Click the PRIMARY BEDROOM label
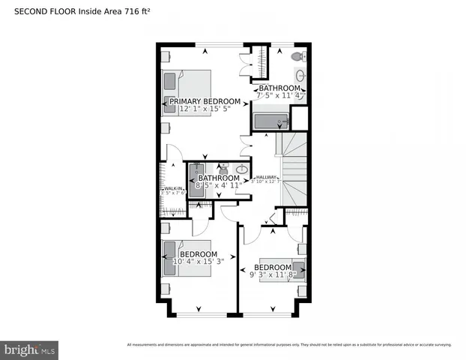(x=205, y=101)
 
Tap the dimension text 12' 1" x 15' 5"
(x=205, y=109)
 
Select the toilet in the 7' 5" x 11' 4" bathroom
(x=297, y=56)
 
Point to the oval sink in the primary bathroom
(x=300, y=75)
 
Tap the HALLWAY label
(x=267, y=177)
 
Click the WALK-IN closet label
(x=172, y=188)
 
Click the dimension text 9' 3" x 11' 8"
(x=273, y=275)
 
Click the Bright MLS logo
(x=30, y=349)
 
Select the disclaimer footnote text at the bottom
(x=289, y=345)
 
